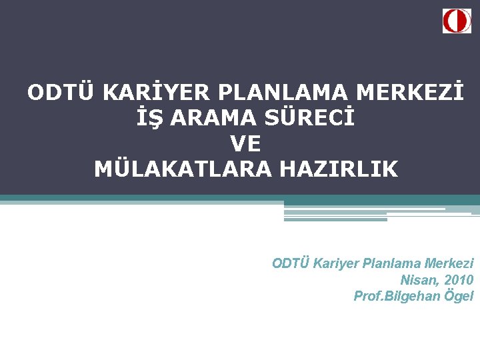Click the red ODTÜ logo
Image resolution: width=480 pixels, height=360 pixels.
point(457,21)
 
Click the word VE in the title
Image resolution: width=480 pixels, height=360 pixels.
point(245,143)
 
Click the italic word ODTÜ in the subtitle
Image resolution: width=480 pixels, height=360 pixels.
point(291,263)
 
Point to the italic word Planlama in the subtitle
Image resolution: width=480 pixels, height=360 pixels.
point(392,263)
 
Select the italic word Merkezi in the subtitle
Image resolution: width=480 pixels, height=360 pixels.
point(450,263)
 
